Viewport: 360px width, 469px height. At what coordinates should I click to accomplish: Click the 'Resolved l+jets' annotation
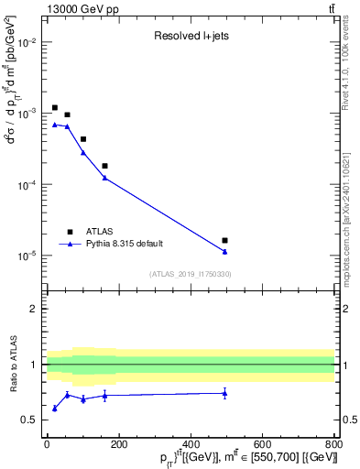click(191, 37)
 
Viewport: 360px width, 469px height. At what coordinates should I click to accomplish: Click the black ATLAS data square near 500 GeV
click(224, 240)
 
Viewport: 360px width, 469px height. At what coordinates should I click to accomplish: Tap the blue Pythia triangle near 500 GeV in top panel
click(224, 252)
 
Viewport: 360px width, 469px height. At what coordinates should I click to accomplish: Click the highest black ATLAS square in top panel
click(55, 107)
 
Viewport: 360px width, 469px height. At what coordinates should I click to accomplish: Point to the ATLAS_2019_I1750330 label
click(190, 274)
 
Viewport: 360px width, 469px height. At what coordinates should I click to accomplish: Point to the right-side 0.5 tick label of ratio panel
click(348, 420)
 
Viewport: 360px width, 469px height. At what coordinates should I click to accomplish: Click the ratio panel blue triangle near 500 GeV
click(224, 393)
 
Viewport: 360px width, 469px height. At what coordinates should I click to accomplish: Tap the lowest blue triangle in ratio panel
click(55, 409)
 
